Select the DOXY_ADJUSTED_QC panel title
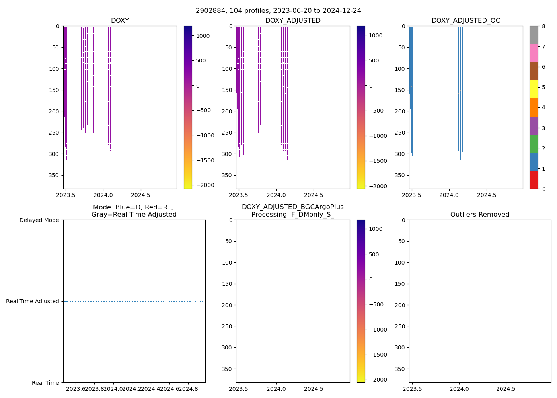tap(465, 21)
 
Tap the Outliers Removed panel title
tap(479, 215)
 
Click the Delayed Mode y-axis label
tap(39, 220)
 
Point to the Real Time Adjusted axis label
tap(33, 302)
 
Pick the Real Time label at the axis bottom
tap(45, 383)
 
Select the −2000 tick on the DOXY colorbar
tap(204, 185)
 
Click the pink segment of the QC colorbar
tap(534, 53)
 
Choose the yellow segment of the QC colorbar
tap(534, 89)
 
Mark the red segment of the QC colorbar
tap(534, 180)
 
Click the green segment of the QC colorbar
tap(534, 144)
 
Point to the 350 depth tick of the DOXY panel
tap(55, 175)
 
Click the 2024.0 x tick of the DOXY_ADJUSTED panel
tap(276, 195)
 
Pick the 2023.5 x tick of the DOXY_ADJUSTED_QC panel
tap(411, 195)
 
